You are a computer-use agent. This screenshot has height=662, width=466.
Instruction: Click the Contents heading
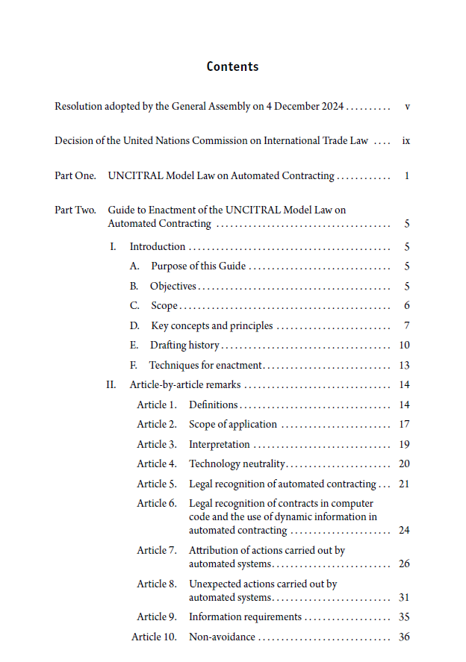(x=232, y=66)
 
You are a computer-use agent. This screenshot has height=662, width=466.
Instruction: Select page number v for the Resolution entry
(x=407, y=107)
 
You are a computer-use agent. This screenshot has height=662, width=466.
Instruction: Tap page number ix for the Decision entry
(x=406, y=140)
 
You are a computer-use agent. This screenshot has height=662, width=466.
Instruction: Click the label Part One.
(x=75, y=176)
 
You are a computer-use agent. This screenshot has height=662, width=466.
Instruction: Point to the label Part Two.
(x=75, y=210)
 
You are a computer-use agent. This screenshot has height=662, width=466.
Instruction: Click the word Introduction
(x=158, y=246)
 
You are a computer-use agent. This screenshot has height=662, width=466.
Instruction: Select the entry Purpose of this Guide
(x=198, y=266)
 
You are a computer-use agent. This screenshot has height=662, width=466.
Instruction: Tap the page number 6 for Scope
(x=407, y=305)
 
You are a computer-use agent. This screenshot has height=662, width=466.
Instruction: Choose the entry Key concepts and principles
(x=212, y=325)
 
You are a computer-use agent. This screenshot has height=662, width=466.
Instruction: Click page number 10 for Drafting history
(x=405, y=345)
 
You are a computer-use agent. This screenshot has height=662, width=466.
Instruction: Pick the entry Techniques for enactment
(x=205, y=365)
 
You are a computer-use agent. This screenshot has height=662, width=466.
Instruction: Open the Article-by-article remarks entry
(x=185, y=385)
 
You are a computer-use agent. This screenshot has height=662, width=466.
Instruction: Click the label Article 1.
(x=157, y=405)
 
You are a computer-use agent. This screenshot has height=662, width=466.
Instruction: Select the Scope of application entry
(x=233, y=424)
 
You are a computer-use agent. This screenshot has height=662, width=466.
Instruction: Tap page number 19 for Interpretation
(x=404, y=444)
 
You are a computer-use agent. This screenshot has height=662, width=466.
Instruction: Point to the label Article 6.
(x=157, y=503)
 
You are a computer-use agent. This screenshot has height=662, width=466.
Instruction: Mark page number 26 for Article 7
(x=404, y=563)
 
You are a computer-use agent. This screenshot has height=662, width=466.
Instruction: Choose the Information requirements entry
(x=245, y=617)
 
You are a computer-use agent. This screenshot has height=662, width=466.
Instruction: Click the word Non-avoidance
(x=222, y=637)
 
